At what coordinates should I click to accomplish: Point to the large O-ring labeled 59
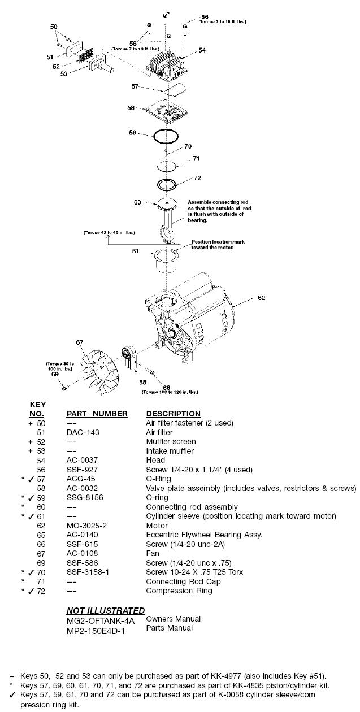[x=161, y=136]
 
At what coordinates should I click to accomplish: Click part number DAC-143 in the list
[x=80, y=432]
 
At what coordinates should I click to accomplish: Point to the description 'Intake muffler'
[x=170, y=451]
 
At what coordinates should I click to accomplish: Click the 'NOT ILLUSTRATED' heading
[x=105, y=610]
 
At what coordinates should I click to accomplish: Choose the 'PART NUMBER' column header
[x=97, y=414]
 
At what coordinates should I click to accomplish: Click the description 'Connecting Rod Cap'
[x=181, y=581]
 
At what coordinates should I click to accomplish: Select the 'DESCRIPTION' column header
[x=173, y=414]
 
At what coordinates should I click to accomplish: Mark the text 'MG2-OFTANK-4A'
[x=93, y=619]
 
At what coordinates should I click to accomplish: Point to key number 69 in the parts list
[x=40, y=563]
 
